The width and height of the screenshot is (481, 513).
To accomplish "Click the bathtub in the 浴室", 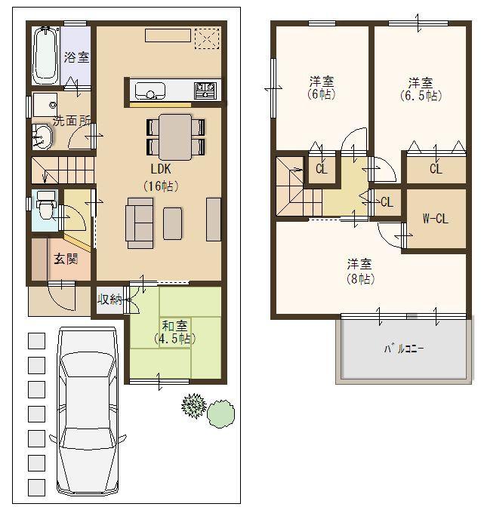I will pos(46,57).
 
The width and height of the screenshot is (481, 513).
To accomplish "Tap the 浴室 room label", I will pos(76,57).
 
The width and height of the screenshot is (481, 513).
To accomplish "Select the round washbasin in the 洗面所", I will pos(42,136).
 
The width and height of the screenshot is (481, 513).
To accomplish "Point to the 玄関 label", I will pos(65,259).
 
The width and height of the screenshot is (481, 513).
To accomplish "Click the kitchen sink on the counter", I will pos(150,92).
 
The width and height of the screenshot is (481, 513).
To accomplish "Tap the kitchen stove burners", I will pos(205,91).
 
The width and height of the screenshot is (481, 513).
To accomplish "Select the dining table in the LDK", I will pos(176,137).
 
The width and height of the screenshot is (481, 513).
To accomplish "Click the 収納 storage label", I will pos(109,300).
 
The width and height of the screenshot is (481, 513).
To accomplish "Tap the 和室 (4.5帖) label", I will pos(174,332).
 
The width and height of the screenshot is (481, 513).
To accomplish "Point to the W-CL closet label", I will pos(435,220).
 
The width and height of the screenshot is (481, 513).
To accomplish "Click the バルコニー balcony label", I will pos(403,349).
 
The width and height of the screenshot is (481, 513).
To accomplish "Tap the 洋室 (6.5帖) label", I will pos(421,88).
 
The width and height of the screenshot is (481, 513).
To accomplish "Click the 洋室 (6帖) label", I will pos(322,88).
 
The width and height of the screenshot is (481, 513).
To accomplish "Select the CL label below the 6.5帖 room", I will pos(435,169).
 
